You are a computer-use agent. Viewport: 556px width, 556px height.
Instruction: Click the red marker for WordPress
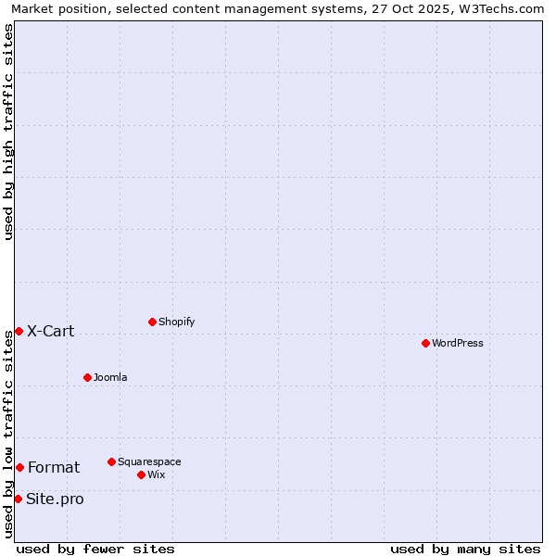(425, 343)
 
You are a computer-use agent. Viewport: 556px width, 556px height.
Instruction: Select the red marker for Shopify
(152, 322)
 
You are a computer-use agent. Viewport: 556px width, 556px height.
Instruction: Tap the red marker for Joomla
(87, 377)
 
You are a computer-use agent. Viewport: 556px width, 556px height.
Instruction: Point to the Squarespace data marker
(111, 461)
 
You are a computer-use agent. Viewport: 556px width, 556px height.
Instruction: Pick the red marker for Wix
(141, 474)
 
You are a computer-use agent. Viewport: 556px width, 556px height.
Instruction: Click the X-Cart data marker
(19, 331)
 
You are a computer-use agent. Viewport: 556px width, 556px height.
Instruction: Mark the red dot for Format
(19, 467)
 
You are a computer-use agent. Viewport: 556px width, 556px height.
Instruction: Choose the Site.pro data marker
(18, 499)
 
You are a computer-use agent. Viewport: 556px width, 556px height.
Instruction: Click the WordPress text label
(458, 343)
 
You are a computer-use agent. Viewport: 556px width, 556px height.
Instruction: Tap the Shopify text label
(177, 322)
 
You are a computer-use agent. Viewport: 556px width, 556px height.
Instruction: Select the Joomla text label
(110, 377)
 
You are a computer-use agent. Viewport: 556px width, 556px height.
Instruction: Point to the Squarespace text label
(149, 461)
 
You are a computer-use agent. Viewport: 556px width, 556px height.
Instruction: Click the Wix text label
(157, 474)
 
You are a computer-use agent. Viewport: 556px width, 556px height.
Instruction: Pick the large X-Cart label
(51, 331)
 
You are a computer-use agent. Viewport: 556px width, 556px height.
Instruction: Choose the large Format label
(54, 467)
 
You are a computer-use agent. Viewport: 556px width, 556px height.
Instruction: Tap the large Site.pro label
(56, 499)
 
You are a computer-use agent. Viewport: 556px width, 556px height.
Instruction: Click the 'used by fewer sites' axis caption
(95, 549)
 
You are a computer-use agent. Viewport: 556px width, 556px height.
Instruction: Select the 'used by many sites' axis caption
(465, 549)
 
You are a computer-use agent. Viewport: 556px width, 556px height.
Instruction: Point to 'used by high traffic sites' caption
(9, 132)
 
